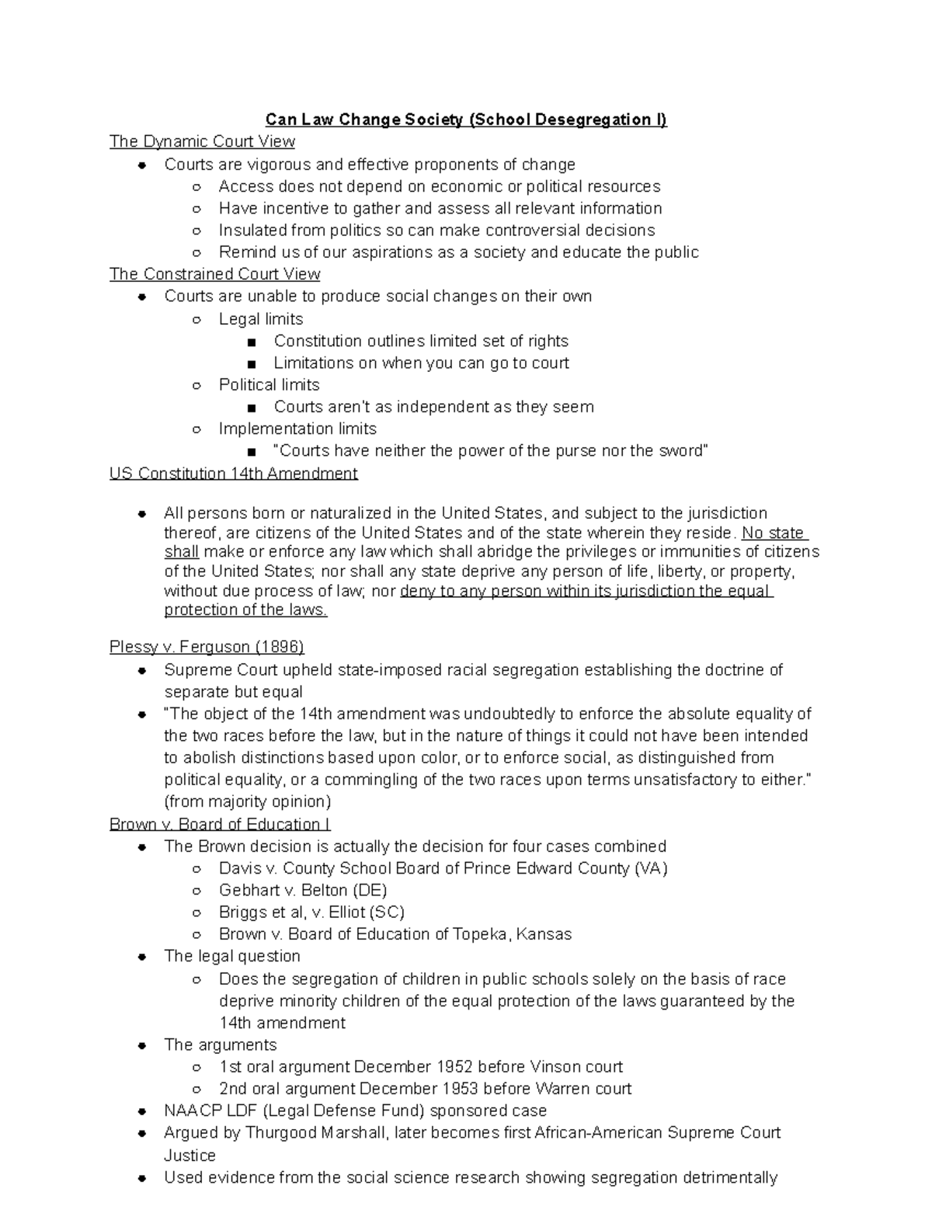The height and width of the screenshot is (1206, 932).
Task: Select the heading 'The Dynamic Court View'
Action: pos(202,141)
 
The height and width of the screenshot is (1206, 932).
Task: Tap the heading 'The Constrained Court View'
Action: pos(214,274)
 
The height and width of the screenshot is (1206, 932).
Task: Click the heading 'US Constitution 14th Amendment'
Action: pos(233,474)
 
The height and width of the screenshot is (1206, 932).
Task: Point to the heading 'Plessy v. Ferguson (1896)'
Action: pos(207,647)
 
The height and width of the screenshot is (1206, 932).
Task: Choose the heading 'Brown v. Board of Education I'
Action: pos(220,824)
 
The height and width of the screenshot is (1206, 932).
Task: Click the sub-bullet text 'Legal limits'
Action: pos(261,319)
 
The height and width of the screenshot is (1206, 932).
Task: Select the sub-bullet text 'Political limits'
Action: pos(269,385)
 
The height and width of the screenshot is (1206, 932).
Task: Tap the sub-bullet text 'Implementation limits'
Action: pos(297,429)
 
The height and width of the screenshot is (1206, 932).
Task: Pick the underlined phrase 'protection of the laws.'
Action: pos(245,610)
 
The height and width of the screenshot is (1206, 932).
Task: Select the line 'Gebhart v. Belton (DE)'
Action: pos(303,890)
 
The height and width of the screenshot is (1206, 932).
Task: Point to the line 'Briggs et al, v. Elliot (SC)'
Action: pos(311,912)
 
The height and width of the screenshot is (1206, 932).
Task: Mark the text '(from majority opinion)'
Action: pos(247,801)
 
